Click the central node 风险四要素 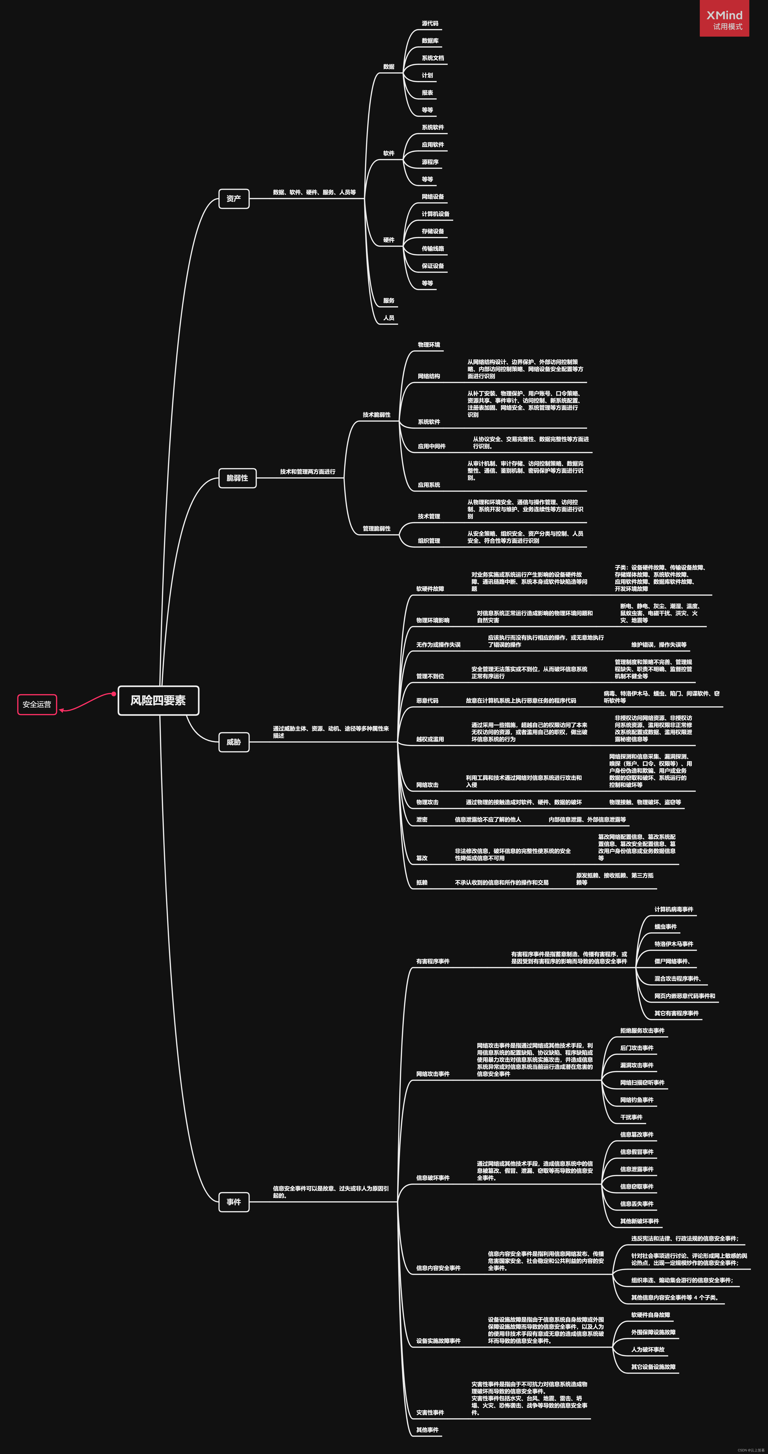click(158, 701)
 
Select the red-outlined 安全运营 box click(37, 704)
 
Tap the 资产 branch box click(234, 199)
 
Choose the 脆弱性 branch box click(237, 478)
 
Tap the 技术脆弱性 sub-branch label click(376, 415)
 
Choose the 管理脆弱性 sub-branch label click(376, 529)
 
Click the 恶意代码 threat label click(427, 701)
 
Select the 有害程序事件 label click(433, 961)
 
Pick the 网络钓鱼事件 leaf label click(636, 1100)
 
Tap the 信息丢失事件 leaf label click(636, 1204)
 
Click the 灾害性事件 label click(430, 1413)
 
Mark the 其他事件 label click(427, 1430)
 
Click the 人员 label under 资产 click(389, 318)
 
